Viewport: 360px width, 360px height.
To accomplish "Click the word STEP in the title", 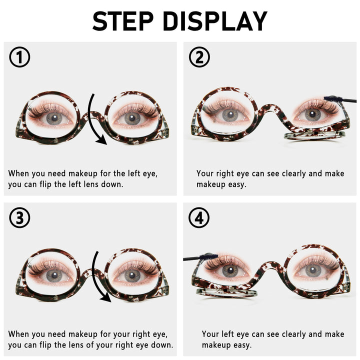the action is (x=123, y=21).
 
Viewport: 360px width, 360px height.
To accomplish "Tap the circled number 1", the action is (x=19, y=57).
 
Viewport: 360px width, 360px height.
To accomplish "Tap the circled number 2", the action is (x=199, y=57).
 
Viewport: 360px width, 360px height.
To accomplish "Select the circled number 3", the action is (x=19, y=217).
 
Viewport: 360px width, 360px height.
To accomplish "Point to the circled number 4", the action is (x=199, y=217).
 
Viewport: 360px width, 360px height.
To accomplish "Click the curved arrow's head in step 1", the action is (x=101, y=140).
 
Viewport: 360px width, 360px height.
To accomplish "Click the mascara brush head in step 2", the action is (x=333, y=99).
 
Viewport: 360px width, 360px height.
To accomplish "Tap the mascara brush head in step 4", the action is (x=208, y=256).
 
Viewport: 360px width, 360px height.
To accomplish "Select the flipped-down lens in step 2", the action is (x=314, y=135).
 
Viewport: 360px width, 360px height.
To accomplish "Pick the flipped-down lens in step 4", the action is (x=226, y=292).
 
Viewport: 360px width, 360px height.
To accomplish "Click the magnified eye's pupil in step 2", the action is (x=230, y=113).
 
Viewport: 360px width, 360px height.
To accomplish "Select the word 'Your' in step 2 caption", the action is (x=205, y=174).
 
